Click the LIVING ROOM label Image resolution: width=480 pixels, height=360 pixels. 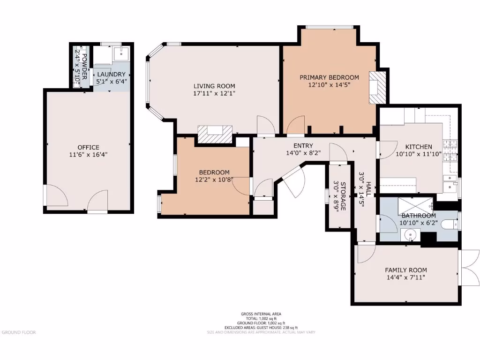point(214,86)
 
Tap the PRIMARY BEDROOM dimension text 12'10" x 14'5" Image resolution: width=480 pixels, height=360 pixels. point(329,85)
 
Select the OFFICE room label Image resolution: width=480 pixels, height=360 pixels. point(88,147)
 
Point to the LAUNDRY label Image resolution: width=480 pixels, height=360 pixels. point(111,74)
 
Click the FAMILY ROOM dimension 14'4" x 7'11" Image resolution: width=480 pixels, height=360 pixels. point(406,277)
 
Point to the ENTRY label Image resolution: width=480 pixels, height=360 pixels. point(303,145)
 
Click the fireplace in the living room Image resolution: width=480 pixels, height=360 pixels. point(215,134)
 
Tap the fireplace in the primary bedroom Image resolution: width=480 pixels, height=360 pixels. point(377,87)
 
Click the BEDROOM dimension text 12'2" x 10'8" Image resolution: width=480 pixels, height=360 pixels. point(214,180)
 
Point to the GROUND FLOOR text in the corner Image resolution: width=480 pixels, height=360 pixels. point(19,332)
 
